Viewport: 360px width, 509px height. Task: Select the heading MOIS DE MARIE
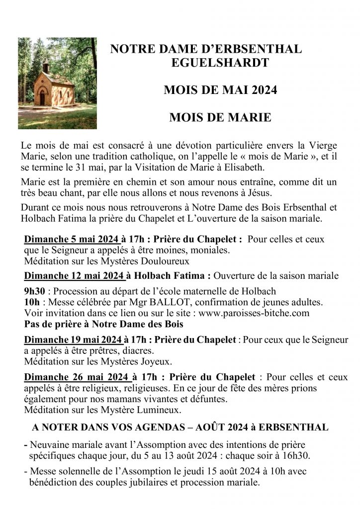click(x=220, y=117)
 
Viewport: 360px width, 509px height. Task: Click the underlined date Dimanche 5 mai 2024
click(x=70, y=239)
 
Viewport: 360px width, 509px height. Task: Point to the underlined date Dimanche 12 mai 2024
click(x=73, y=276)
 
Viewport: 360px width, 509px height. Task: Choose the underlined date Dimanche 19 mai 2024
click(x=73, y=340)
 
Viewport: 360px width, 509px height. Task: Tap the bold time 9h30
click(x=33, y=291)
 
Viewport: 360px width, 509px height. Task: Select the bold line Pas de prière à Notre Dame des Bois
click(x=104, y=324)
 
